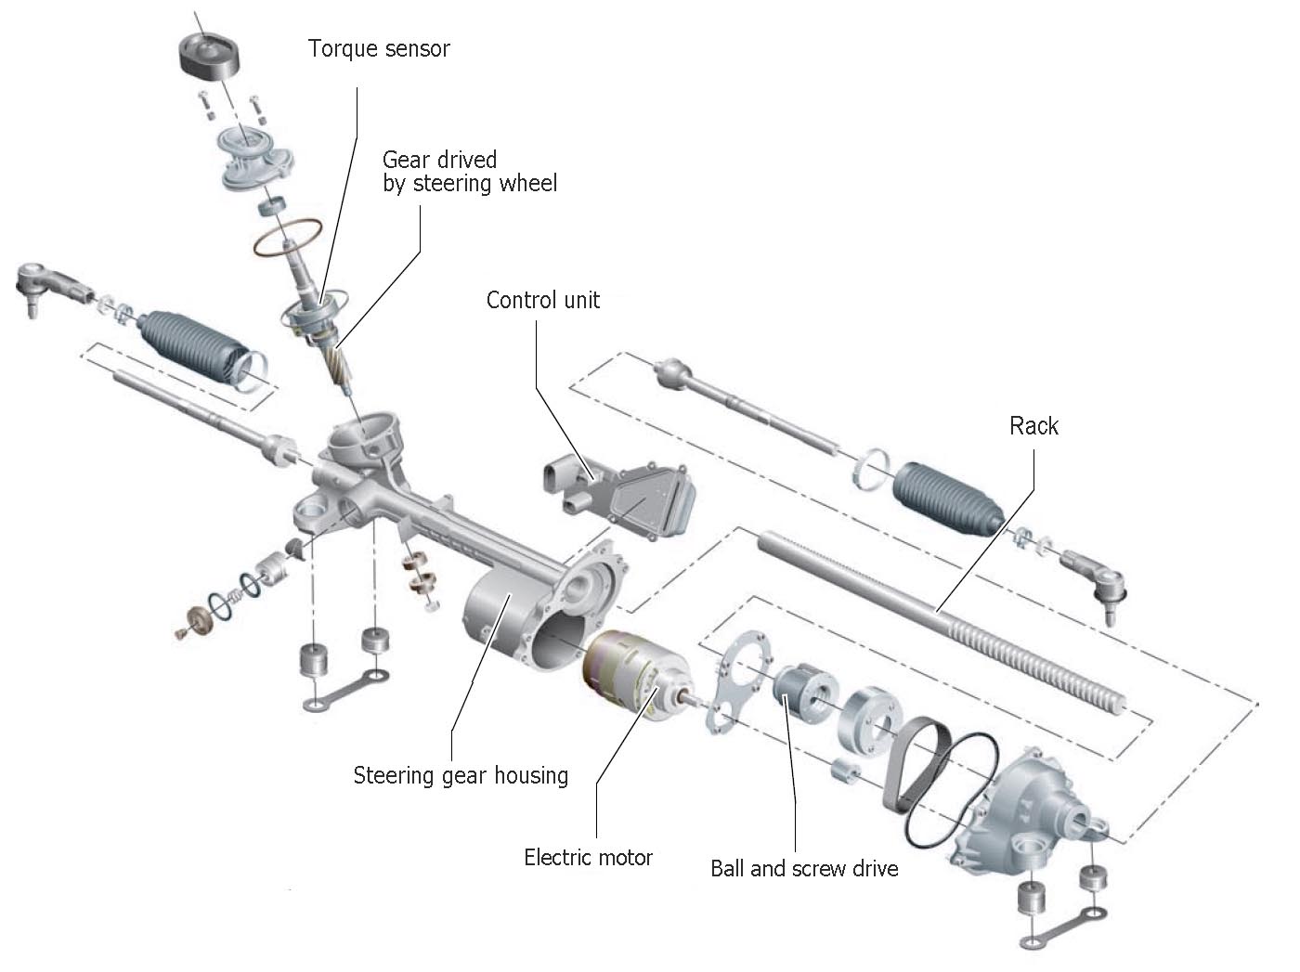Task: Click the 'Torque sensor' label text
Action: (379, 49)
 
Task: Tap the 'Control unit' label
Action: (543, 300)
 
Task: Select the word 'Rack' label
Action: (1033, 426)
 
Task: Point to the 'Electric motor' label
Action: (588, 857)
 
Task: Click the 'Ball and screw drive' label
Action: (804, 869)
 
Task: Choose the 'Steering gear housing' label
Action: (461, 775)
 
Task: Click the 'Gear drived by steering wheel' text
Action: (469, 172)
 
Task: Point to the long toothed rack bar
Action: (938, 617)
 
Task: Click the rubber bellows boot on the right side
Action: (947, 498)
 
